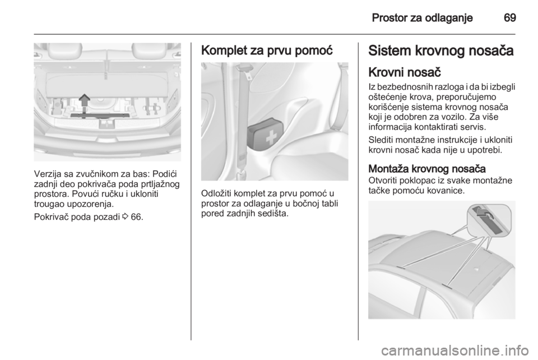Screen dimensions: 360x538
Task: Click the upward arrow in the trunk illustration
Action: (x=84, y=101)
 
